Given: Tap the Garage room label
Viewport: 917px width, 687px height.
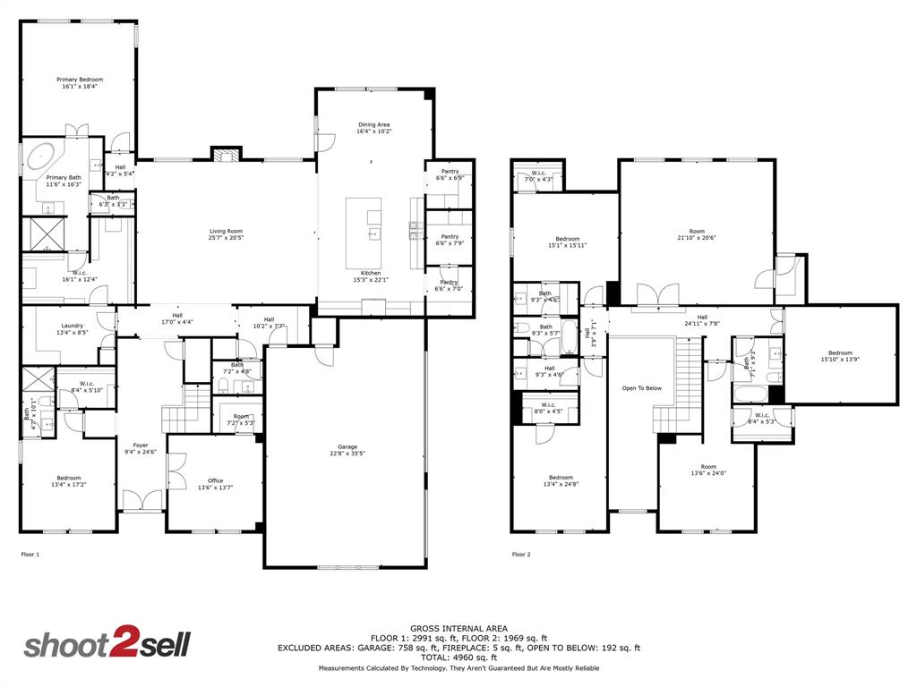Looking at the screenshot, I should coord(347,447).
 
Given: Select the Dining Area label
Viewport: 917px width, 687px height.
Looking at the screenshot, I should coord(374,124).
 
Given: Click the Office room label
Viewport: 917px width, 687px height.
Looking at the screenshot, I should coord(215,480).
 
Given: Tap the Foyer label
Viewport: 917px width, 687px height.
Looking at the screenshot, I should coord(141,445).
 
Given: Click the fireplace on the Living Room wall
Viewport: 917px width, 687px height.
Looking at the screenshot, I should coord(227,155).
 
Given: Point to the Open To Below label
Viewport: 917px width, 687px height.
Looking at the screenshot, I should coord(642,388).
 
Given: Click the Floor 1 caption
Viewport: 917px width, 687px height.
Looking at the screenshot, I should coord(30,555).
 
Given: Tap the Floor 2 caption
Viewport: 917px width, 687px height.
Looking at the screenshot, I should coord(521,555).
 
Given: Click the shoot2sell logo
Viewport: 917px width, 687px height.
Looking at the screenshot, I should coord(107,644).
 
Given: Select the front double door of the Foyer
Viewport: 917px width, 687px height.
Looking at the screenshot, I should coord(141,501).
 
